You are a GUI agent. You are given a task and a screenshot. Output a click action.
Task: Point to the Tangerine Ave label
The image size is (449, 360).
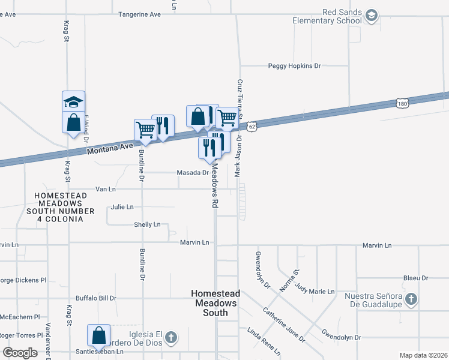click(140, 14)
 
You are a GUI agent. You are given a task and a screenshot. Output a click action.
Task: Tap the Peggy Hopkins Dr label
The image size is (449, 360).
click(294, 66)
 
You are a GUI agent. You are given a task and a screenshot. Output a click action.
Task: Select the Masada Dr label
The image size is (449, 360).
click(192, 173)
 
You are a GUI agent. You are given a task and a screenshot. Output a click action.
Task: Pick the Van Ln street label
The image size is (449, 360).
click(106, 189)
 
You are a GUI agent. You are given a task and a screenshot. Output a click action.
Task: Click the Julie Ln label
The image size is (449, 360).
click(122, 207)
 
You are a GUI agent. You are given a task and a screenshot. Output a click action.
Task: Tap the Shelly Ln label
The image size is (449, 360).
click(148, 224)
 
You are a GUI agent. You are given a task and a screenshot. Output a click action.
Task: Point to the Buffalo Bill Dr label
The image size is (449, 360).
click(95, 298)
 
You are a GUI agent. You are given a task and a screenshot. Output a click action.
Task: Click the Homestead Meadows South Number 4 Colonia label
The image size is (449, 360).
click(64, 207)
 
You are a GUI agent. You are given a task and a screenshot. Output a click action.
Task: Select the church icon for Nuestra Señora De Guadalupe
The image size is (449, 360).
click(411, 299)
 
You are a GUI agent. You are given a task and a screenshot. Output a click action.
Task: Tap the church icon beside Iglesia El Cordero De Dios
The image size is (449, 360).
click(170, 337)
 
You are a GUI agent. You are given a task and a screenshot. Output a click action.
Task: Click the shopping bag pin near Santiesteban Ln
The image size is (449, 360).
click(98, 335)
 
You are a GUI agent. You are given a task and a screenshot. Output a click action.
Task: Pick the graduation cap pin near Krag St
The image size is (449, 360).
click(73, 101)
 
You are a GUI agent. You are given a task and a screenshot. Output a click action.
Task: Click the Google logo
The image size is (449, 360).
click(20, 352)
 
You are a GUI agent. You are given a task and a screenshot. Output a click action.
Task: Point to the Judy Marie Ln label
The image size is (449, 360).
click(315, 292)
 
